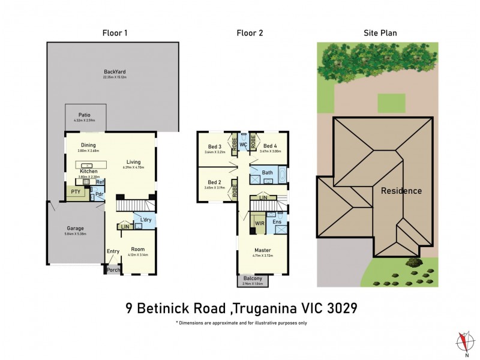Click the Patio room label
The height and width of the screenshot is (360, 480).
(85, 115)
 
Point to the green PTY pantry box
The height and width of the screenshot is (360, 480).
(76, 192)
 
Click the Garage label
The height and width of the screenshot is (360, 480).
(75, 228)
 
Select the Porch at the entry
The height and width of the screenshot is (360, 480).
(113, 270)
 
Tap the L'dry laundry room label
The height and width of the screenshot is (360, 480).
(145, 220)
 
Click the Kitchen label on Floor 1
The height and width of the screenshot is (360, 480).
(89, 172)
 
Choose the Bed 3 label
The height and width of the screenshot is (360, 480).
(215, 146)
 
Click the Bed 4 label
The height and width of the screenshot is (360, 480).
(270, 146)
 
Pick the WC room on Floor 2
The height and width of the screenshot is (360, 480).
(244, 145)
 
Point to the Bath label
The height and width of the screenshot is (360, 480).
(268, 173)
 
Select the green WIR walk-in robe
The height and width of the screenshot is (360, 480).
(259, 223)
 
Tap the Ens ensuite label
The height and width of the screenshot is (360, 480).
(277, 222)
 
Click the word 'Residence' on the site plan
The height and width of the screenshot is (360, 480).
(401, 191)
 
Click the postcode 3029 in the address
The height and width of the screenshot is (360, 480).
(338, 308)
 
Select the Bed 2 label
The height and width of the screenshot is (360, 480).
(215, 182)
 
